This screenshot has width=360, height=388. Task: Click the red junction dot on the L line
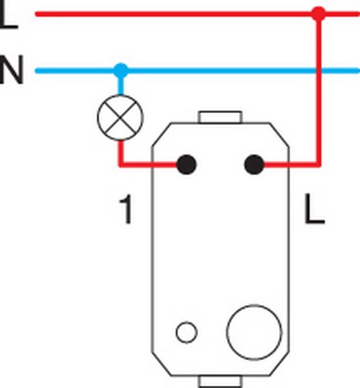[x=319, y=14]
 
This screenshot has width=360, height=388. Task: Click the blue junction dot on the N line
[x=121, y=70]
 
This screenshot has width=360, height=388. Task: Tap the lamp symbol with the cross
[x=120, y=118]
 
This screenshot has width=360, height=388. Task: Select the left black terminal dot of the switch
[x=186, y=164]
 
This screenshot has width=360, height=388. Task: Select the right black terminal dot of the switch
[x=254, y=164]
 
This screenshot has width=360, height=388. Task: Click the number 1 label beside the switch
[x=126, y=209]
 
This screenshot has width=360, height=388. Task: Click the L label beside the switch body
[x=314, y=209]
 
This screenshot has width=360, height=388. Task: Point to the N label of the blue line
[x=12, y=70]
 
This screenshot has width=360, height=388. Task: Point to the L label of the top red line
[x=8, y=15]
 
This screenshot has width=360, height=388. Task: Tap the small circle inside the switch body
[x=186, y=332]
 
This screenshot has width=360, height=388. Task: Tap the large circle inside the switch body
[x=254, y=332]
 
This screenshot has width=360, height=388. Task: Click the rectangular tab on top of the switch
[x=220, y=117]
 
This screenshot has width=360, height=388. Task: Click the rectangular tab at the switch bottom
[x=220, y=382]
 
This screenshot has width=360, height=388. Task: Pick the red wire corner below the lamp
[x=121, y=164]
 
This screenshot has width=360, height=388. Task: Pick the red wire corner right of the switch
[x=319, y=164]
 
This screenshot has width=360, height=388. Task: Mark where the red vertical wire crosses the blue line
[x=319, y=71]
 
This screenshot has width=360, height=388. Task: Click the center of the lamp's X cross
[x=120, y=118]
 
